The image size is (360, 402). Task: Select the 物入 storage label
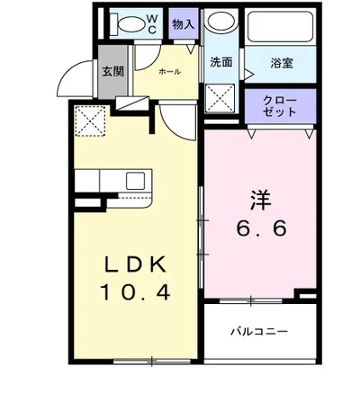pos(184,25)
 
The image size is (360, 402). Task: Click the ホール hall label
pos(169,71)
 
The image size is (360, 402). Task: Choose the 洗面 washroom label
pos(221,63)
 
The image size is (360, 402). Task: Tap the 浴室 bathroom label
pos(281,63)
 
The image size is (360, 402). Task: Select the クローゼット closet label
pos(282,106)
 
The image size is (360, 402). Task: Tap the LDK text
pos(135,264)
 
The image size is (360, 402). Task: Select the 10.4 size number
pos(136,292)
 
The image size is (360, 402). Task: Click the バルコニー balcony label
pos(257,332)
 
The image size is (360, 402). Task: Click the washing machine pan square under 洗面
pos(220,96)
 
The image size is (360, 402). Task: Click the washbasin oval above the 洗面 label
pos(219,27)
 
